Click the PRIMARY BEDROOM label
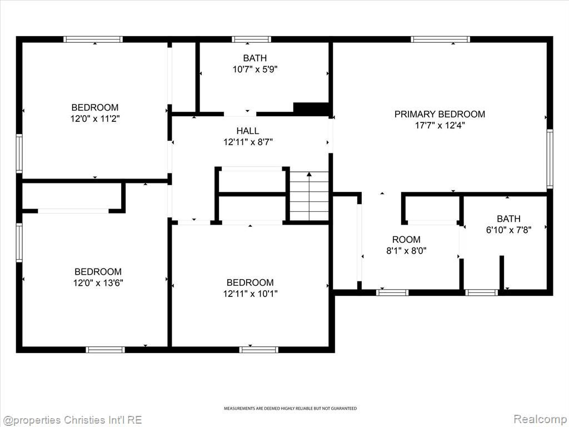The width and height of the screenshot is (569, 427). (x=440, y=114)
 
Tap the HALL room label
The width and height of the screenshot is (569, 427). (x=248, y=131)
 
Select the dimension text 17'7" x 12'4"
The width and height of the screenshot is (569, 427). (x=440, y=126)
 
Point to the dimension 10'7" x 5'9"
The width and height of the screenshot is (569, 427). (x=255, y=69)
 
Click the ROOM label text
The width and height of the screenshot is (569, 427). (x=406, y=240)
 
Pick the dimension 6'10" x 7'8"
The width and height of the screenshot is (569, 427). (x=509, y=230)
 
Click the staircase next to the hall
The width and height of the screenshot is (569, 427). (x=309, y=196)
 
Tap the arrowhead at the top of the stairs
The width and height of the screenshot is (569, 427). (x=309, y=174)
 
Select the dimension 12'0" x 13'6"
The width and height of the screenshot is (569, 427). (x=98, y=283)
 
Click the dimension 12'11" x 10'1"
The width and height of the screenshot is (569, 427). (x=251, y=294)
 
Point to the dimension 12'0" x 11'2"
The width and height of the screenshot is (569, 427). (x=95, y=119)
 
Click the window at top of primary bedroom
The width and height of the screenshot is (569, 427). (x=441, y=39)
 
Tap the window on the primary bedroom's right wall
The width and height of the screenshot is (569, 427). (x=550, y=158)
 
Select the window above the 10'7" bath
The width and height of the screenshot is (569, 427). (x=252, y=39)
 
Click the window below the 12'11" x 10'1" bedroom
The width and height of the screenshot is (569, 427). (x=259, y=350)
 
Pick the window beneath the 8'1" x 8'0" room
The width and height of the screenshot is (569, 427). (x=392, y=292)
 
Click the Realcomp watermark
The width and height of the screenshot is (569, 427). (x=541, y=419)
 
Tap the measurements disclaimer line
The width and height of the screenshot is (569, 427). (x=290, y=409)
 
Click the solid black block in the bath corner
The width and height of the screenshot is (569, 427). (x=311, y=109)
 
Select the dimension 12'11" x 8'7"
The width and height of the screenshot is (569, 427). (x=248, y=142)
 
